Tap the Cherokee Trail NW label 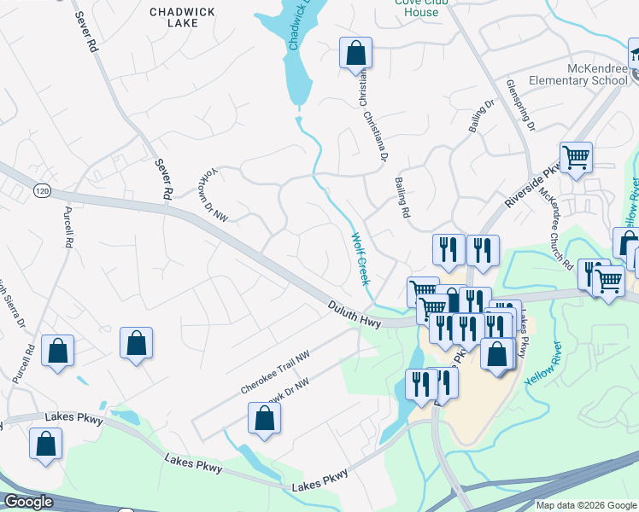tap(274, 373)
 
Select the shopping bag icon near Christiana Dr tap(355, 54)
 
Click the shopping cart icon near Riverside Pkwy tap(577, 159)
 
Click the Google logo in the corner tap(27, 502)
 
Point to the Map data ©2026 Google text tap(587, 505)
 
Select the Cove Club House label tap(422, 7)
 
